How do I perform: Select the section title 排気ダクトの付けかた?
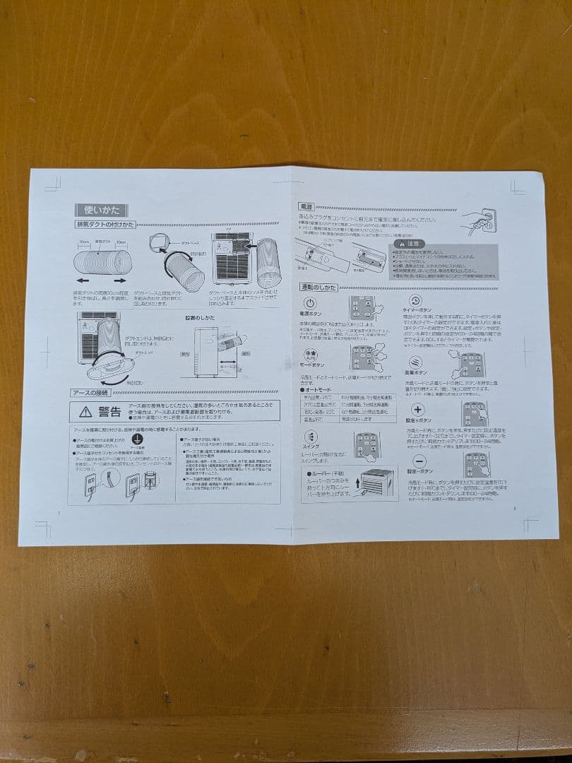[x=105, y=224]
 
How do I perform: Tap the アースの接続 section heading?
[x=89, y=393]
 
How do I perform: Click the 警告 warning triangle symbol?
[x=85, y=411]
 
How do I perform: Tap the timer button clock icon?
[x=416, y=300]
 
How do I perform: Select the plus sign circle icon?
[x=417, y=410]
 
